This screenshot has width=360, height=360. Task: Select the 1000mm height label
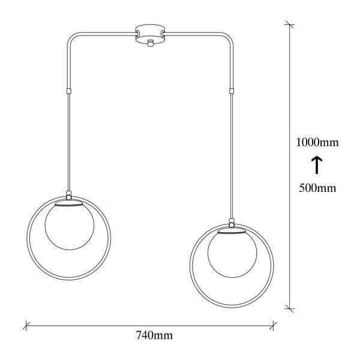pyautogui.click(x=317, y=143)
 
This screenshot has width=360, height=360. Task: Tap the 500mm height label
pyautogui.click(x=317, y=188)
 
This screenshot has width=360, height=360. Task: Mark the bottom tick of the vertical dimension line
pyautogui.click(x=290, y=308)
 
